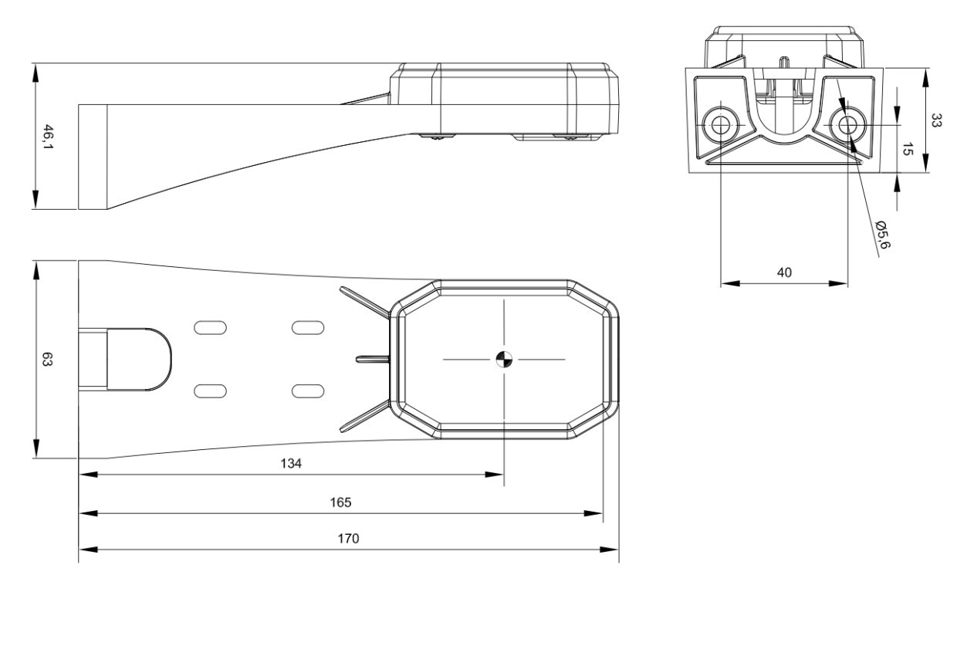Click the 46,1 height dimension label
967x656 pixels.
click(x=48, y=137)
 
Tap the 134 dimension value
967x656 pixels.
click(x=291, y=464)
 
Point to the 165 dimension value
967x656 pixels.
click(x=340, y=502)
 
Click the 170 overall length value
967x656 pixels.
click(x=348, y=539)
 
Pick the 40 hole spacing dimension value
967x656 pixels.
click(x=784, y=272)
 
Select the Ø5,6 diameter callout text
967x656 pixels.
click(x=882, y=235)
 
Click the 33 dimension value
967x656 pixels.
click(x=935, y=120)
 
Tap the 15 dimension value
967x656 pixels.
click(x=907, y=149)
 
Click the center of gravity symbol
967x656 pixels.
click(x=504, y=359)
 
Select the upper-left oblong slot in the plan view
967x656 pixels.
click(x=210, y=327)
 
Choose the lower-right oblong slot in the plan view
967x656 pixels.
click(x=308, y=391)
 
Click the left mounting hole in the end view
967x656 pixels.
click(x=721, y=125)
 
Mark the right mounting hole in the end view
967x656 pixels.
click(x=848, y=125)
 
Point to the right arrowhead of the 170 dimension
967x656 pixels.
click(x=610, y=549)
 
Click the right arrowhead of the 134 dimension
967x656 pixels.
click(x=494, y=475)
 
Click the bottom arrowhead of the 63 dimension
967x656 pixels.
click(x=36, y=449)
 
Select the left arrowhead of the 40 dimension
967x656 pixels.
click(x=730, y=283)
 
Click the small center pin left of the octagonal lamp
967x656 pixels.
click(x=373, y=359)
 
